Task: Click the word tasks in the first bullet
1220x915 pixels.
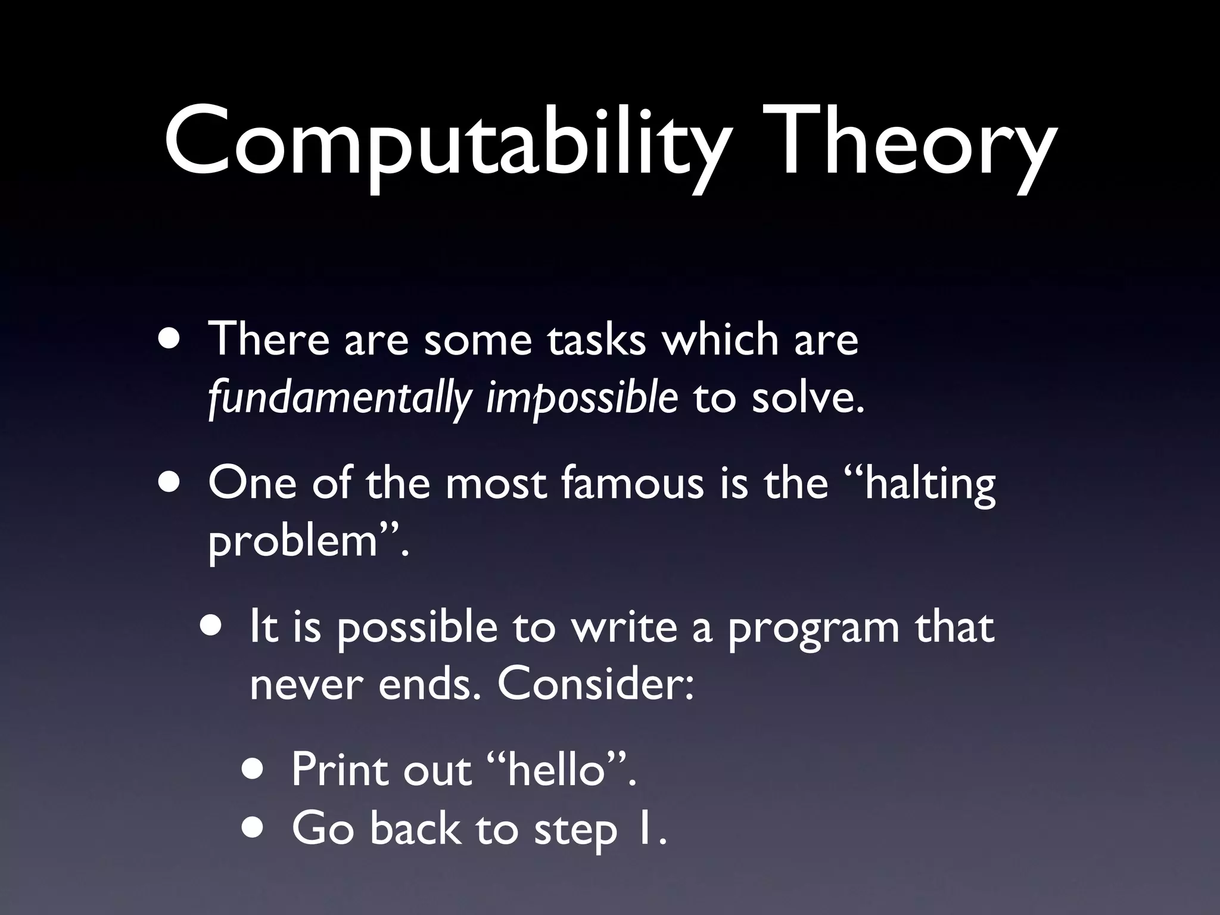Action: [x=596, y=340]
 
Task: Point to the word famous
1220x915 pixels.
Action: [x=632, y=483]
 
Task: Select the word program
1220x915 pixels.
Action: [x=813, y=628]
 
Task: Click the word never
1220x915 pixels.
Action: [x=306, y=686]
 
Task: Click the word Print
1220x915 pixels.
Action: [x=340, y=770]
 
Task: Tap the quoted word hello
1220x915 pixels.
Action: [x=557, y=770]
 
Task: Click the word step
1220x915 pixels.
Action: [x=575, y=829]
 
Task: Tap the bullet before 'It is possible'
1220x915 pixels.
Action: [x=212, y=628]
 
